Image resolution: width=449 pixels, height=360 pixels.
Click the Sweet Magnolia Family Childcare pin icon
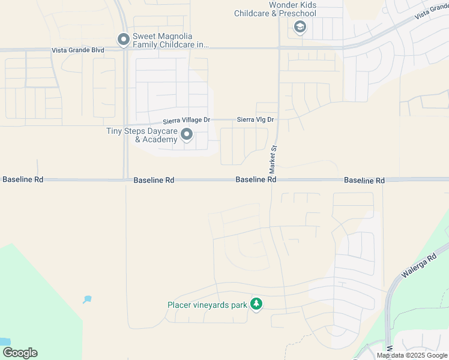(x=124, y=40)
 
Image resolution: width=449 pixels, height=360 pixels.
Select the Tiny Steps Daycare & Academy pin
(x=187, y=135)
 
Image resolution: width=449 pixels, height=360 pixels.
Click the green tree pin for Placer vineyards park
(x=256, y=304)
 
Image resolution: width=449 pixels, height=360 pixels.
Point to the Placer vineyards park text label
(x=207, y=305)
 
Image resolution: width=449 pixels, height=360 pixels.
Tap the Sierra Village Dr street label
(x=186, y=120)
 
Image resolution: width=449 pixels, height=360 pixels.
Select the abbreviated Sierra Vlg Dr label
(x=255, y=120)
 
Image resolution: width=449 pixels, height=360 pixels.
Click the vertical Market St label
(x=273, y=155)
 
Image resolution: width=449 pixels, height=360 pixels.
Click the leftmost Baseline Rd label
(x=23, y=179)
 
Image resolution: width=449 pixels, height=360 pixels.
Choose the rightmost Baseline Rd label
(x=364, y=180)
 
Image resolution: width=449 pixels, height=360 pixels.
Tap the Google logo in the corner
(x=20, y=353)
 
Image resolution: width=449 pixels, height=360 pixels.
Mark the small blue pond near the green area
(x=88, y=299)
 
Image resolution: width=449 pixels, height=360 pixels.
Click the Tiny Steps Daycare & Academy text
(x=142, y=135)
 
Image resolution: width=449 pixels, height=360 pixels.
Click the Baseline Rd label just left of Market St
(x=256, y=179)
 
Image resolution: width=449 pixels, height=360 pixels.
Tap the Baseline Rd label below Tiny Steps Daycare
(x=154, y=179)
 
